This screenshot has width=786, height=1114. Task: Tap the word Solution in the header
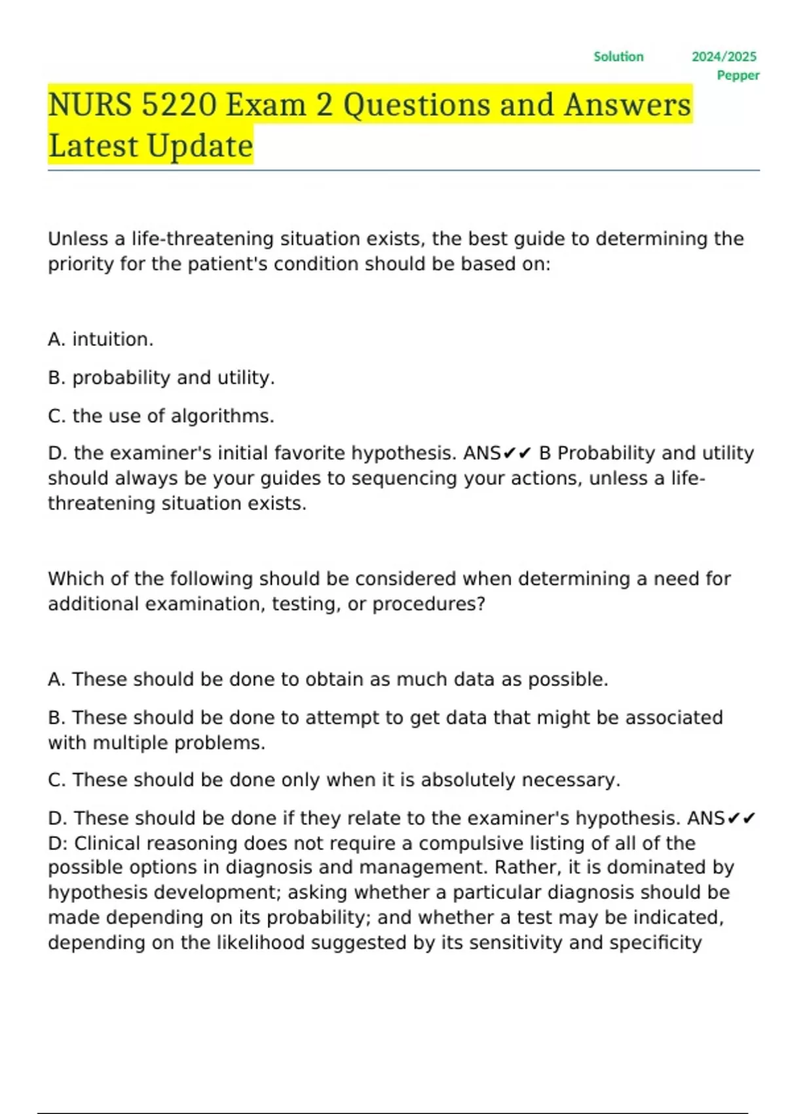point(618,57)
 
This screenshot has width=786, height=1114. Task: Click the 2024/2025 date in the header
point(724,57)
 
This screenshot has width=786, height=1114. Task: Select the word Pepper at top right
point(738,75)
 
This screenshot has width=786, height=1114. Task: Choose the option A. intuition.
point(101,339)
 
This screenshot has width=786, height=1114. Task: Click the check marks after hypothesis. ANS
point(518,453)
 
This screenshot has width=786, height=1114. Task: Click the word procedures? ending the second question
point(429,604)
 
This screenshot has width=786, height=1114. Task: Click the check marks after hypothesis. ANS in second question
point(741,818)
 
